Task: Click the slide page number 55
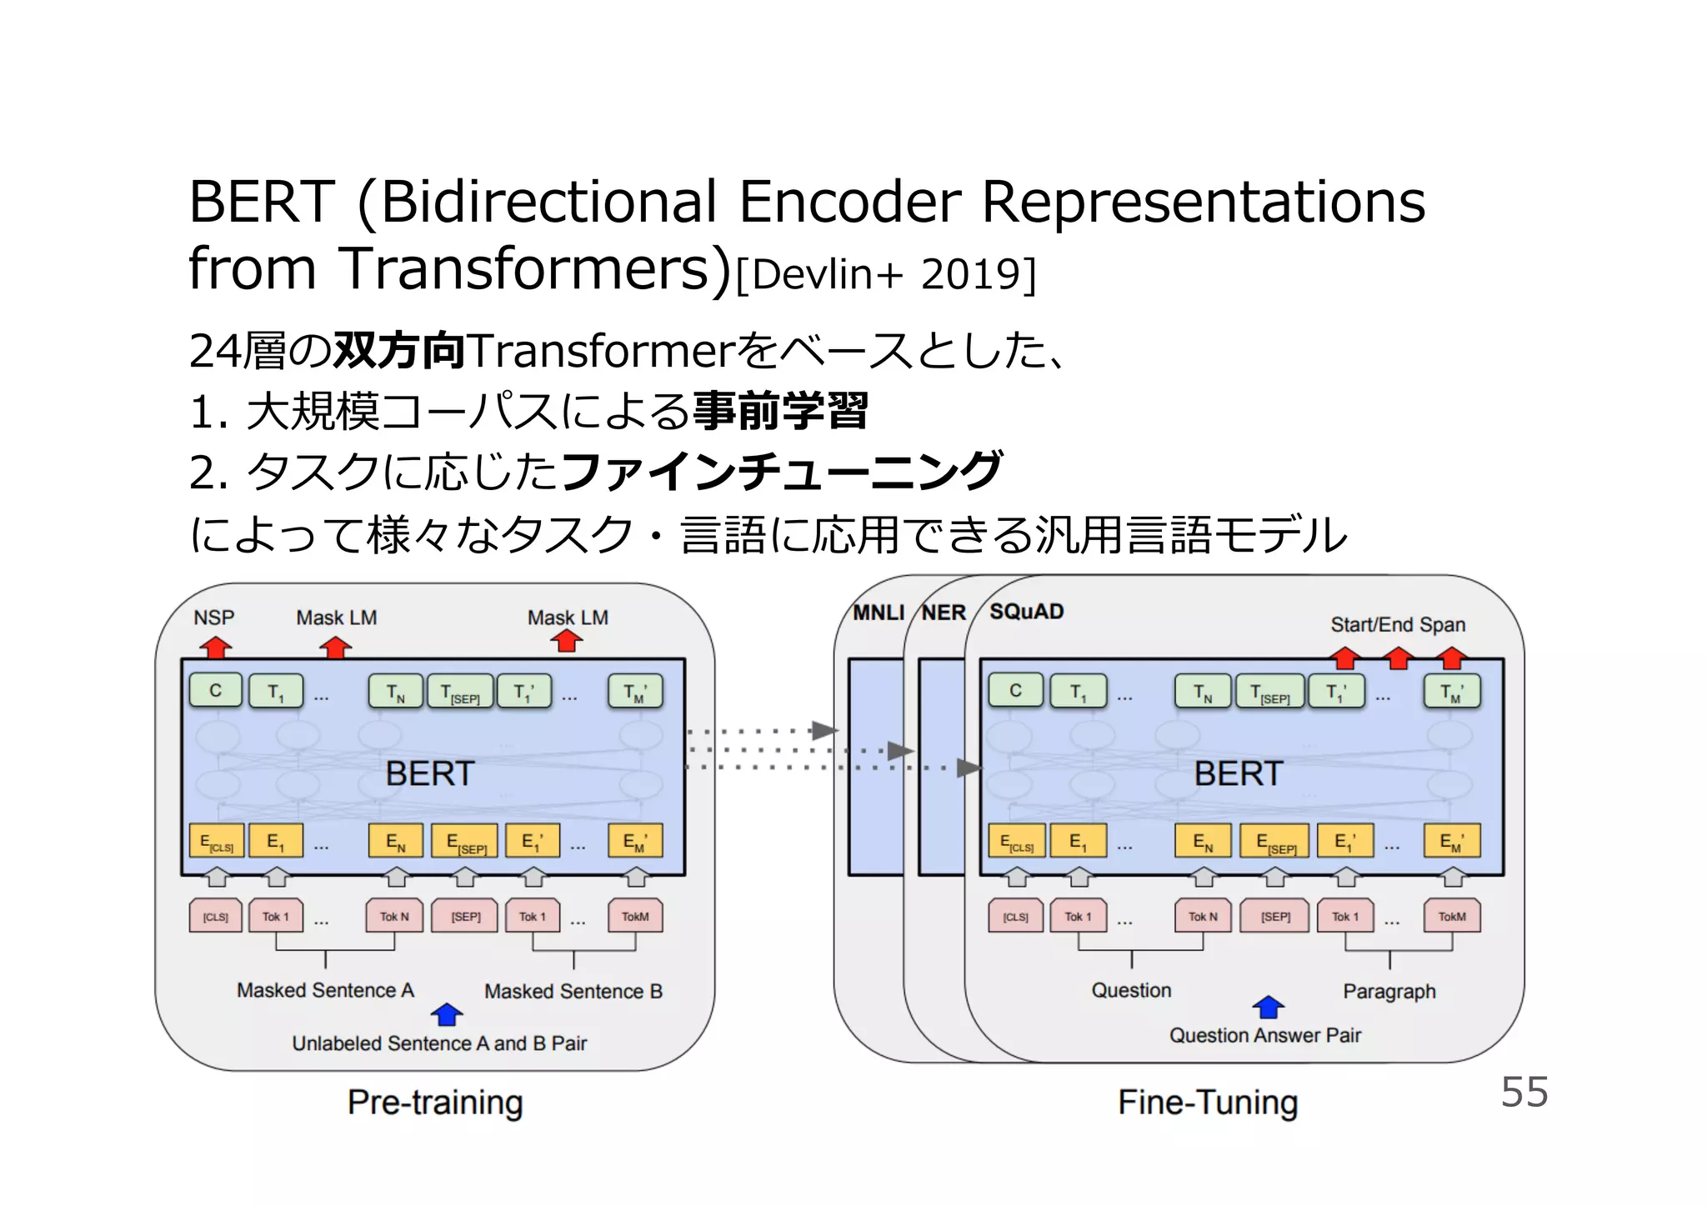(x=1524, y=1091)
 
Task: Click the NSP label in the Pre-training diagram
(x=214, y=618)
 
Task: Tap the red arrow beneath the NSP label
(x=216, y=647)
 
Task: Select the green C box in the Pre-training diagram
(x=216, y=690)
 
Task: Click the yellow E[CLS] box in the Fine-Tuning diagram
(x=1016, y=841)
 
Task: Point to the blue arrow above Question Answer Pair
(x=1268, y=1007)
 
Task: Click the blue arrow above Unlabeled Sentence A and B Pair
(x=447, y=1013)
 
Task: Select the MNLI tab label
(x=878, y=613)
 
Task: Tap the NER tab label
(x=944, y=613)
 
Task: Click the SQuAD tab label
(x=1026, y=612)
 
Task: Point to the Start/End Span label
(x=1397, y=624)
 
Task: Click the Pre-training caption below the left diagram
(x=435, y=1102)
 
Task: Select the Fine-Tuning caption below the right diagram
(x=1208, y=1102)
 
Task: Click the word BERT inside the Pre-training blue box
(x=429, y=773)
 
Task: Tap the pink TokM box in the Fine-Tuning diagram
(x=1451, y=916)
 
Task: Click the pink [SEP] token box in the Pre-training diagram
(x=465, y=916)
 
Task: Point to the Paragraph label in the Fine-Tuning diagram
(x=1389, y=991)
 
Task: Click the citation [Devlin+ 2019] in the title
(x=886, y=274)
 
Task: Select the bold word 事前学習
(x=780, y=411)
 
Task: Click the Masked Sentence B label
(x=573, y=991)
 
